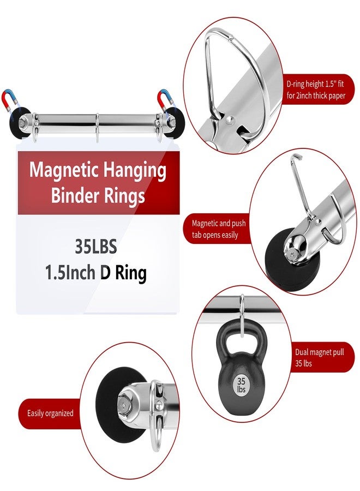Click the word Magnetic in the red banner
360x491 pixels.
(x=64, y=171)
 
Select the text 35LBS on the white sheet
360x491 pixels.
(x=96, y=247)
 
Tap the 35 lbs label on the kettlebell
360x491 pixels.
(x=241, y=385)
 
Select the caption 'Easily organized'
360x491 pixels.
(x=50, y=413)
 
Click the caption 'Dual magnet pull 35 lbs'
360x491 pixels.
(x=319, y=357)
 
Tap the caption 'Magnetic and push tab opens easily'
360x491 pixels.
(x=219, y=229)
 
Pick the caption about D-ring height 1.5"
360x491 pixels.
(x=316, y=89)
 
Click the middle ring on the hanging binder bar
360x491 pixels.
(x=97, y=128)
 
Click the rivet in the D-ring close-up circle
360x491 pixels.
(x=230, y=119)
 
